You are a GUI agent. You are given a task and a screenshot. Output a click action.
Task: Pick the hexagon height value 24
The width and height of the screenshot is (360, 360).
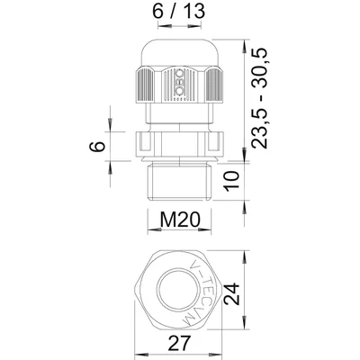pos(257,294)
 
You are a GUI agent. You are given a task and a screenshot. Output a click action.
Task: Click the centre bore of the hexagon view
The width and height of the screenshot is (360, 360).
pos(176,293)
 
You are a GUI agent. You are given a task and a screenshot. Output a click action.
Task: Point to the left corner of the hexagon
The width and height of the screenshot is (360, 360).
pos(131,293)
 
